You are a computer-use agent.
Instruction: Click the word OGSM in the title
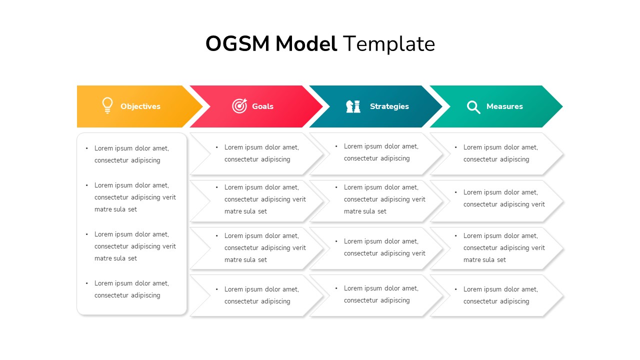click(238, 44)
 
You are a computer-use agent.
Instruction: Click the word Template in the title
click(388, 44)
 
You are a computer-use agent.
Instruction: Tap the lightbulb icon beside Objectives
click(107, 105)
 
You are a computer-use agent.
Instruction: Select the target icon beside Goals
click(239, 106)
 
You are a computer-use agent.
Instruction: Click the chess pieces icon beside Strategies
click(353, 106)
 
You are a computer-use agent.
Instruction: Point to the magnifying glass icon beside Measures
click(473, 106)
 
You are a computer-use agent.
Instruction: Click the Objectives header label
click(140, 106)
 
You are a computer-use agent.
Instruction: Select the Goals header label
click(262, 106)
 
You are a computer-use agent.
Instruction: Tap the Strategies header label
click(389, 106)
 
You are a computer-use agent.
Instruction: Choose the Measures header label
click(504, 106)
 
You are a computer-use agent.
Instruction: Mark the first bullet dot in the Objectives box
click(87, 148)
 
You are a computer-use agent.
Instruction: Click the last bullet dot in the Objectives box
click(87, 283)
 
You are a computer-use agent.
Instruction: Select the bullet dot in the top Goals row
click(217, 147)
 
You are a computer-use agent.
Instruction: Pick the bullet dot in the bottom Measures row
click(456, 289)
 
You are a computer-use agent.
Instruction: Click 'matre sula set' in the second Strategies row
click(365, 211)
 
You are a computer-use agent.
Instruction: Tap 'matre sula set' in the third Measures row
click(484, 260)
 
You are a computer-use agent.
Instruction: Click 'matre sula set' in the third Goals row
click(245, 260)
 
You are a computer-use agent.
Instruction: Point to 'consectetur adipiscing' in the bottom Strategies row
click(376, 300)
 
